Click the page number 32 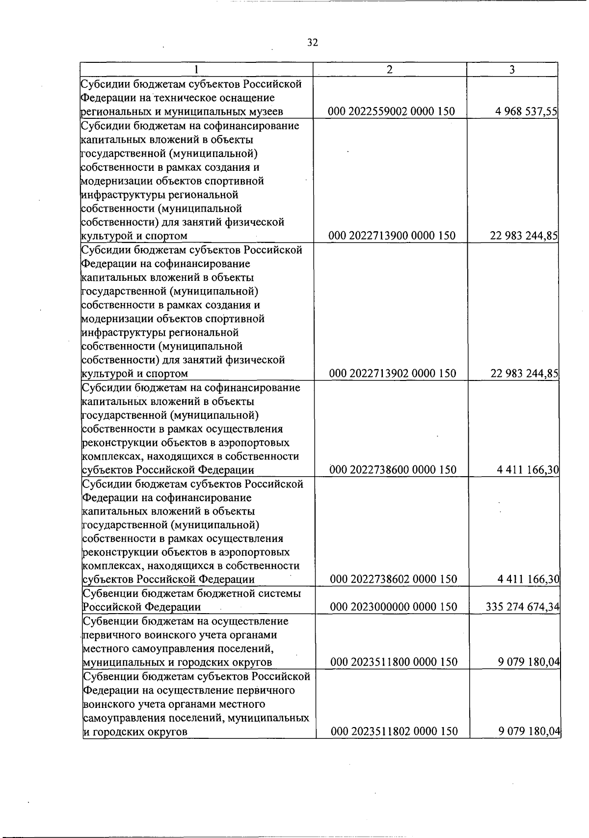313,43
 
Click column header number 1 196,70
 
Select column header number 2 389,70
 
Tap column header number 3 512,70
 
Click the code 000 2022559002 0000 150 391,111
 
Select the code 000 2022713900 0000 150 392,236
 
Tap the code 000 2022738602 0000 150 393,579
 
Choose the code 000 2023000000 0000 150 394,607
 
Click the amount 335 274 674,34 522,607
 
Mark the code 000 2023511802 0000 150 394,731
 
